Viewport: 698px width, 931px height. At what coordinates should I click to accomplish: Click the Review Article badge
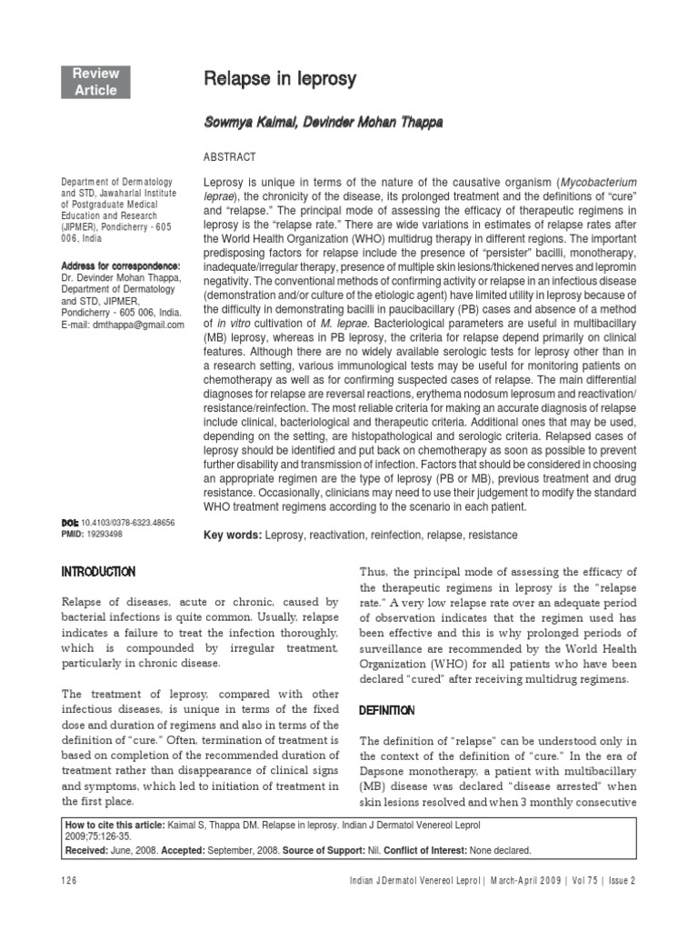point(96,82)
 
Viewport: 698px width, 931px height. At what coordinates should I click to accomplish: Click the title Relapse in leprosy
point(279,81)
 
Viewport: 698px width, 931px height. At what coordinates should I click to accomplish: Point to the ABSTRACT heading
point(230,157)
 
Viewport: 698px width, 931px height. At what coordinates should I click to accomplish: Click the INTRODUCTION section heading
point(98,572)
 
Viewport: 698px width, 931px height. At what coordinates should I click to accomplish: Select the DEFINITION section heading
point(388,710)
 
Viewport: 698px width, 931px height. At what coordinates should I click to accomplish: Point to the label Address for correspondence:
point(114,266)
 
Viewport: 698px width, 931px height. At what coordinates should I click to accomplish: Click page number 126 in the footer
point(69,880)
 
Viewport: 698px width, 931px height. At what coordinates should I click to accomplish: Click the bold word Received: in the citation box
point(88,850)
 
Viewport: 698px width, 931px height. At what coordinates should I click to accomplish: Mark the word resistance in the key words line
point(488,536)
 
